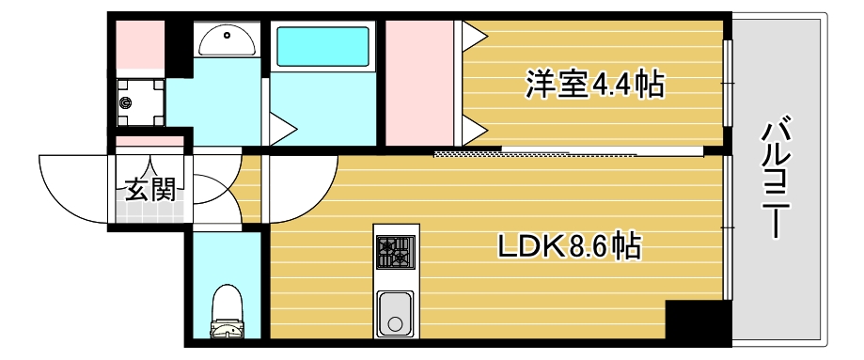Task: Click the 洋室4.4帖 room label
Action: [x=594, y=86]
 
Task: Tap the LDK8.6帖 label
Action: [x=570, y=248]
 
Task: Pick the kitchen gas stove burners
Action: [x=395, y=252]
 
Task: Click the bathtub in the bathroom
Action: [x=322, y=46]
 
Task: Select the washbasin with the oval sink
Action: [x=226, y=39]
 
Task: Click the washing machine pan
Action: [x=139, y=102]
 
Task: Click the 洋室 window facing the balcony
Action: [x=727, y=84]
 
